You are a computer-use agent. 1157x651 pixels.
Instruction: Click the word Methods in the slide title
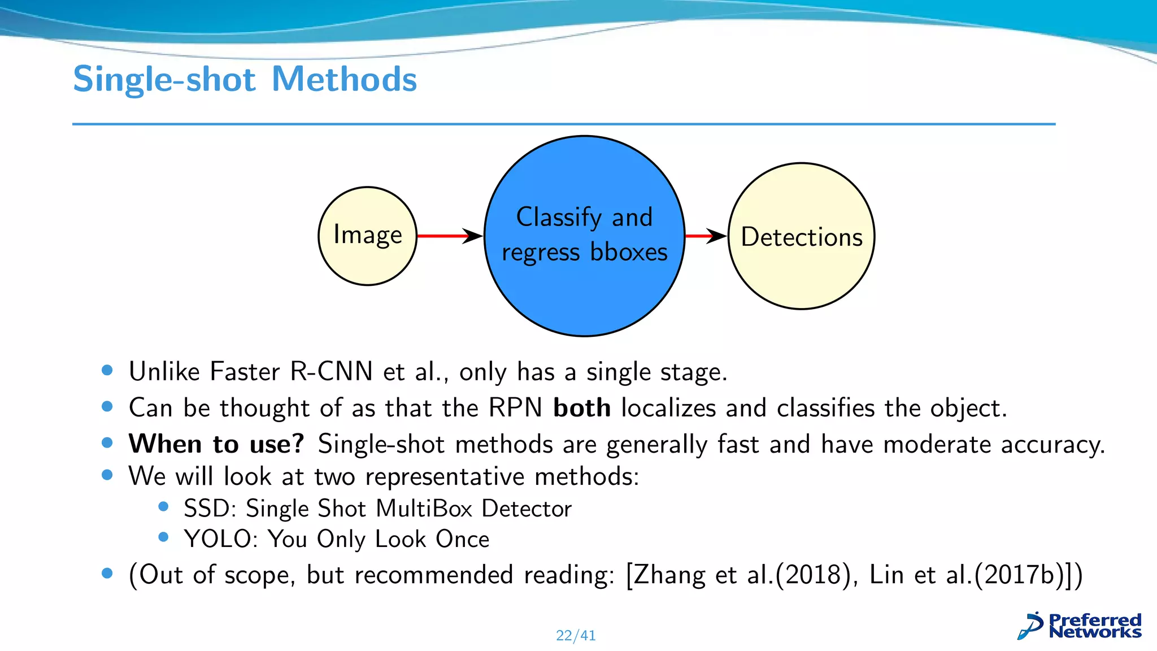[344, 79]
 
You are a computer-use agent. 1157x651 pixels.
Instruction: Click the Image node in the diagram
[368, 236]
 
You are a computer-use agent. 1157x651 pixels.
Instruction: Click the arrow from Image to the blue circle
[449, 236]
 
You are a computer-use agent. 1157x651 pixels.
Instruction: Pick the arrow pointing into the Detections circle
[706, 236]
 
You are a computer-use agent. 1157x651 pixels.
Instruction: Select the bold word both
[581, 408]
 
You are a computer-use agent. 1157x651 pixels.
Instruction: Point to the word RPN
[515, 408]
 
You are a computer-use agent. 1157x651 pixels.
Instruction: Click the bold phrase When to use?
[216, 444]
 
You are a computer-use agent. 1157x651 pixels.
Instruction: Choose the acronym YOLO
[217, 539]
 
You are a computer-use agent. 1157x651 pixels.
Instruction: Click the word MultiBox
[424, 509]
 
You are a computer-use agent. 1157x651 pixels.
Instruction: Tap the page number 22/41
[576, 636]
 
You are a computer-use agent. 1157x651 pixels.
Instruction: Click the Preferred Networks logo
[1080, 626]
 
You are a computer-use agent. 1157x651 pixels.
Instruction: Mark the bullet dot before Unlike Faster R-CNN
[107, 371]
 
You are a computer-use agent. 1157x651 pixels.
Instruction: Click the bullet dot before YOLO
[164, 537]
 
